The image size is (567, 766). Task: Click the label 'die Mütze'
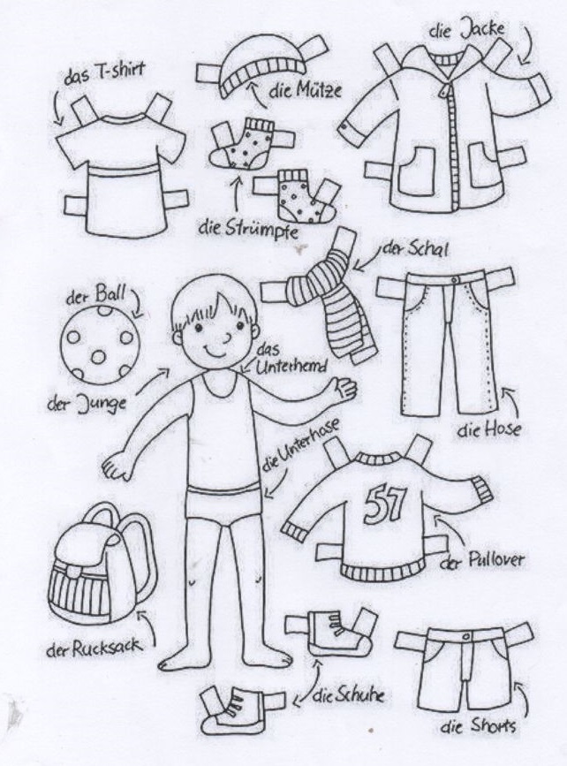click(x=305, y=90)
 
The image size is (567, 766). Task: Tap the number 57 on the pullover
click(x=385, y=504)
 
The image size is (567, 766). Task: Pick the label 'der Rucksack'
click(x=95, y=648)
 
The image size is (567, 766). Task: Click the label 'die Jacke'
click(x=467, y=29)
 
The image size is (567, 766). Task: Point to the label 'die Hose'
click(x=489, y=429)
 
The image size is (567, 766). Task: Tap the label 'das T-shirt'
click(x=104, y=73)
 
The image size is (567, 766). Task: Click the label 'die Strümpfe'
click(x=248, y=229)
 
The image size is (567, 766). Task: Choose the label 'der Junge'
click(x=87, y=403)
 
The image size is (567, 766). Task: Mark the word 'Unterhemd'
click(x=291, y=366)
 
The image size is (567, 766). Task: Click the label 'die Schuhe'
click(x=348, y=695)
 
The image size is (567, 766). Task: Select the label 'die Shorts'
click(x=478, y=726)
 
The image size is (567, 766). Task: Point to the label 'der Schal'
click(x=414, y=249)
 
